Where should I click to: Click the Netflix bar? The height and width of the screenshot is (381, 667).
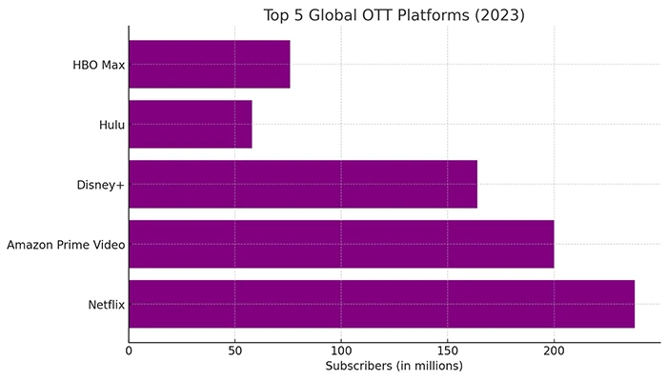click(381, 304)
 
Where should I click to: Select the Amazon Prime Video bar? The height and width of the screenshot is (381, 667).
click(341, 245)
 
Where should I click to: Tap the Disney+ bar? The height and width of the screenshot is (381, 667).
click(302, 185)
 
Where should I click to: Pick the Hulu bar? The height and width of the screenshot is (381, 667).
click(190, 125)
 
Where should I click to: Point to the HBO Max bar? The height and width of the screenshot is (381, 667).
click(209, 65)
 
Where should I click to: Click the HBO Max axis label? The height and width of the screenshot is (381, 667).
click(98, 66)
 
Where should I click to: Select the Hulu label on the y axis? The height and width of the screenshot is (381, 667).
click(111, 125)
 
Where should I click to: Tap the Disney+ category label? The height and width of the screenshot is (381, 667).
click(101, 185)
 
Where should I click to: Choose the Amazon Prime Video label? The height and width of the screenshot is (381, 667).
click(65, 245)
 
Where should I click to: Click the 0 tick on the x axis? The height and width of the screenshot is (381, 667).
click(129, 351)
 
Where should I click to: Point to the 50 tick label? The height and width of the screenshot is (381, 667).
click(234, 351)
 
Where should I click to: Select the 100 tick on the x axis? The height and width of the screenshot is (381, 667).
click(341, 351)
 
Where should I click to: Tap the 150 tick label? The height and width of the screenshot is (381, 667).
click(447, 351)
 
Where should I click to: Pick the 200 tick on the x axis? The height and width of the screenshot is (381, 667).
click(554, 351)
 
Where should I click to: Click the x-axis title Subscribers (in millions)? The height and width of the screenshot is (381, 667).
click(394, 367)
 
